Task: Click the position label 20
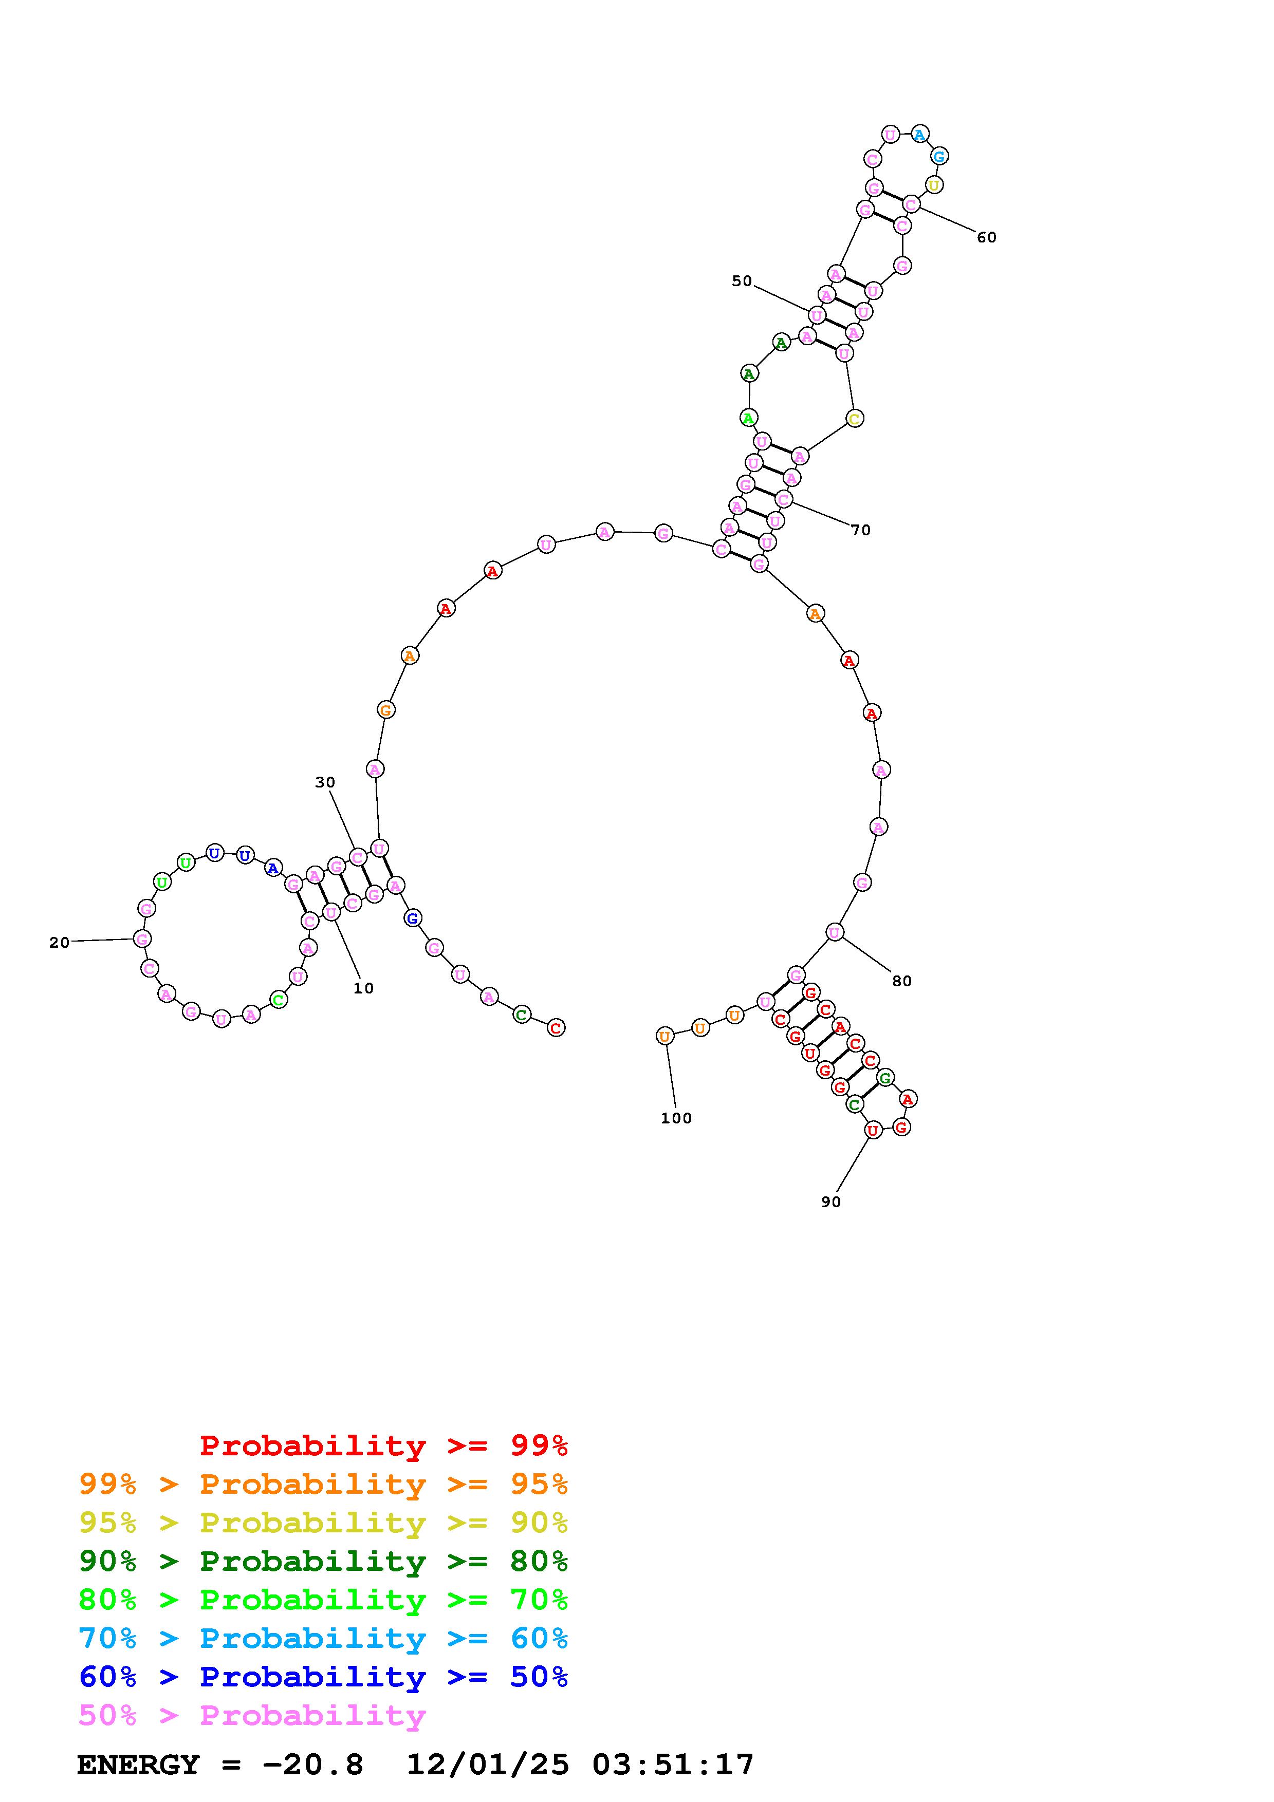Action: coord(60,943)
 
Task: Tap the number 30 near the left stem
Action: coord(325,782)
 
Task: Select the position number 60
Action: coord(987,237)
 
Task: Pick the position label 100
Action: coord(676,1118)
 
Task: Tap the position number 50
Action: coord(742,281)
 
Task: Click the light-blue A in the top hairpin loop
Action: coord(920,134)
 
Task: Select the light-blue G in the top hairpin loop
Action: coord(939,156)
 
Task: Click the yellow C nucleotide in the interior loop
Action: coord(855,418)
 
